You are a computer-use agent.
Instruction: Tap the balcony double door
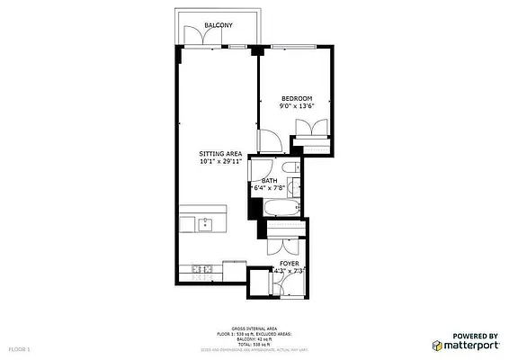[196, 36]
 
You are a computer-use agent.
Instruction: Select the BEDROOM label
[296, 98]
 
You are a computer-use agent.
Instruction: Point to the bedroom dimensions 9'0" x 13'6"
[296, 106]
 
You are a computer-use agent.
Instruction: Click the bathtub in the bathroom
[280, 209]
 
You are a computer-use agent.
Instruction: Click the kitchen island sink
[205, 224]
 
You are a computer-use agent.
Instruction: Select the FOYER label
[289, 263]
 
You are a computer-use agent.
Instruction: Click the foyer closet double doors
[286, 244]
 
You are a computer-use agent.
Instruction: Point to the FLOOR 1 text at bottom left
[20, 347]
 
